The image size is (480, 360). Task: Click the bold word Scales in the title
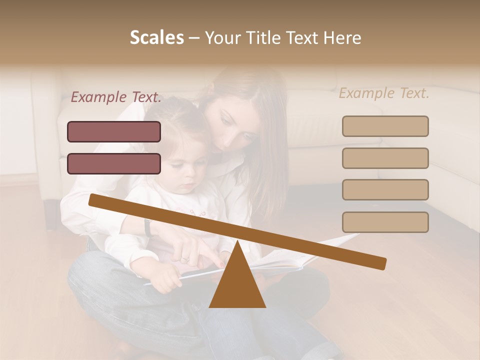[156, 37]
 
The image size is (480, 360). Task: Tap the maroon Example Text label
[116, 97]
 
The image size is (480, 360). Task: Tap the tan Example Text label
[384, 93]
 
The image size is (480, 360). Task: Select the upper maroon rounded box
[114, 131]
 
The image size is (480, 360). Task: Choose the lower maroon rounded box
[114, 163]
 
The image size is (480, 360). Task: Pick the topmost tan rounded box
[385, 126]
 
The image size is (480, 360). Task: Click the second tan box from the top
[385, 158]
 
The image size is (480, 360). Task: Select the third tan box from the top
[385, 190]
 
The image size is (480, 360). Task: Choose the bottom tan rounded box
[385, 222]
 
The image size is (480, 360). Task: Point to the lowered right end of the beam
[380, 263]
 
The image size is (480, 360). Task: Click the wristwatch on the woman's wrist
[148, 227]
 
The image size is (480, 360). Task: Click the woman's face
[235, 125]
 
